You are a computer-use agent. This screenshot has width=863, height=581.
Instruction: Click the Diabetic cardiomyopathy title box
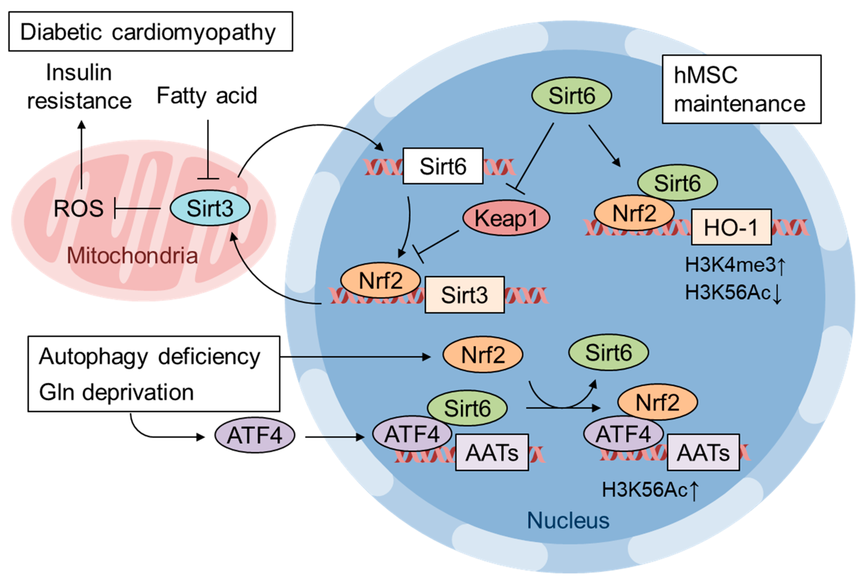click(x=151, y=32)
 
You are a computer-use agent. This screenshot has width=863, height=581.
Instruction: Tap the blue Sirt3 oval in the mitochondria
click(x=210, y=208)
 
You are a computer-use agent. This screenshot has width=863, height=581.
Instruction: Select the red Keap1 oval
click(x=506, y=218)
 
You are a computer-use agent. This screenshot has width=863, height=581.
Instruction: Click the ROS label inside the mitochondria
click(x=79, y=208)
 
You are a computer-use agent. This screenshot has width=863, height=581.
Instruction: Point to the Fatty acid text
click(x=207, y=96)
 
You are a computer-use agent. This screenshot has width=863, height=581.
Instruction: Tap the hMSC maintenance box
click(x=742, y=89)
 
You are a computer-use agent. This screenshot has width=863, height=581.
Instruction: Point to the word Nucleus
click(x=568, y=520)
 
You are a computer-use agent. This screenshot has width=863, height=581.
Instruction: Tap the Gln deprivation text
click(x=117, y=392)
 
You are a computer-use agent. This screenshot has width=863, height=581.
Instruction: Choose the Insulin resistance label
click(x=79, y=86)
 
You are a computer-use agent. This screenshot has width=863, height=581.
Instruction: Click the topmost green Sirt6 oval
click(x=572, y=96)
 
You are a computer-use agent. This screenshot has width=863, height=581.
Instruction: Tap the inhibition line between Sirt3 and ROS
click(x=137, y=208)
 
